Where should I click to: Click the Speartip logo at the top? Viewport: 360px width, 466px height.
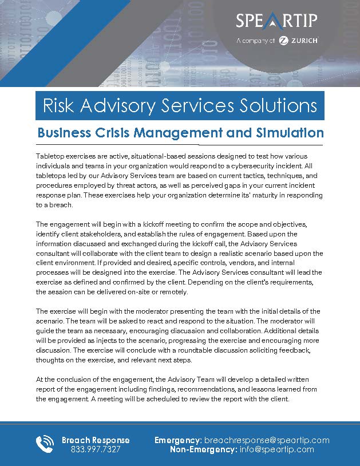point(276,21)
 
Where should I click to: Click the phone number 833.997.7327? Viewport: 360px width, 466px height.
point(96,449)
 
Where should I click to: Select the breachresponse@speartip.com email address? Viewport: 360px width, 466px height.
point(266,440)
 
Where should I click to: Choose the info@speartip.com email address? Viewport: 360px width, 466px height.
point(276,449)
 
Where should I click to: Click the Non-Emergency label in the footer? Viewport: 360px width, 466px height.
point(203,449)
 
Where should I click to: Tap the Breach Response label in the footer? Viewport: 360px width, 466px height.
point(96,440)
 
